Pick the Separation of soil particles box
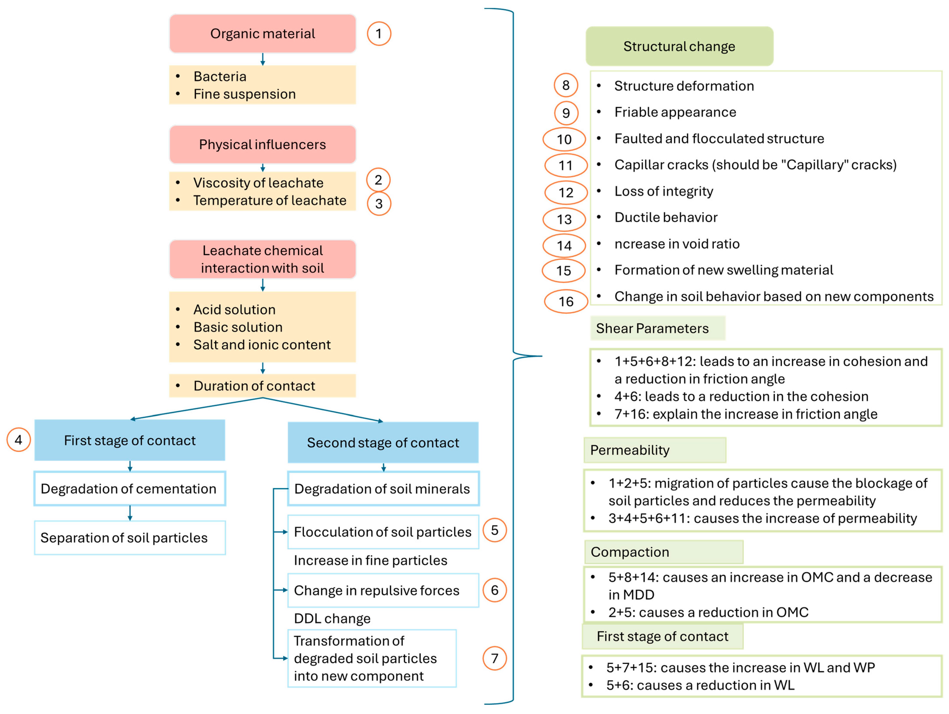pyautogui.click(x=130, y=538)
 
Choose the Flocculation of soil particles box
pyautogui.click(x=383, y=532)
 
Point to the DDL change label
pyautogui.click(x=332, y=618)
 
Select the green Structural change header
pyautogui.click(x=679, y=46)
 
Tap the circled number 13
pyautogui.click(x=564, y=220)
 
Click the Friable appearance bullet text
pyautogui.click(x=675, y=112)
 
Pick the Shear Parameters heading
pyautogui.click(x=652, y=329)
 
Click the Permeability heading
pyautogui.click(x=630, y=450)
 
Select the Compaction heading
pyautogui.click(x=630, y=552)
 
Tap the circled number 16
pyautogui.click(x=566, y=301)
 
